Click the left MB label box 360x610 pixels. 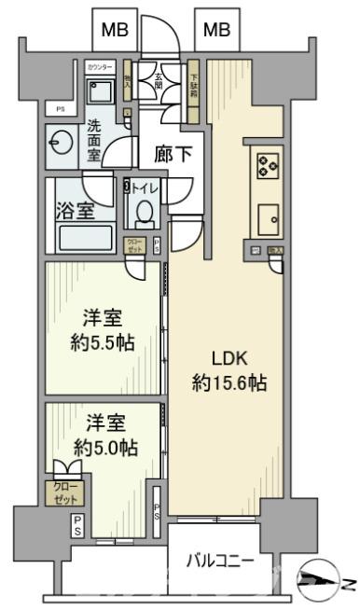[x=115, y=29]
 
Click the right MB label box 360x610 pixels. [x=215, y=29]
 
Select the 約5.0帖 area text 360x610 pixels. [x=104, y=448]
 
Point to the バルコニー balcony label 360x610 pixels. [x=220, y=561]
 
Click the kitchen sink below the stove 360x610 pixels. [x=268, y=220]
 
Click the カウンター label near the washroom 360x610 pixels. [x=100, y=68]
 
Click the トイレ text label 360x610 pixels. [x=147, y=187]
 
